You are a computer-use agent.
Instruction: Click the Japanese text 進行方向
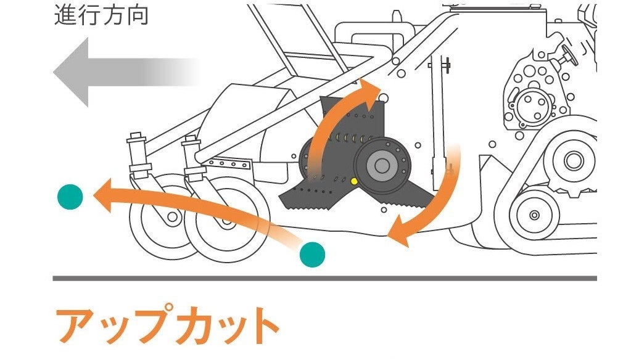coord(101,15)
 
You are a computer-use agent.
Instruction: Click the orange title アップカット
coord(167,325)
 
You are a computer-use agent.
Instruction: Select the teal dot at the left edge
coord(70,196)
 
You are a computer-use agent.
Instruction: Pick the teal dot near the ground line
coord(312,253)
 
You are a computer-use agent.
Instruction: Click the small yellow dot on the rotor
coord(353,181)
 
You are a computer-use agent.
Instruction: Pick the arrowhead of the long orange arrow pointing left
coord(105,195)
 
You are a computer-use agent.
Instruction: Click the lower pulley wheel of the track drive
coord(534,215)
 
